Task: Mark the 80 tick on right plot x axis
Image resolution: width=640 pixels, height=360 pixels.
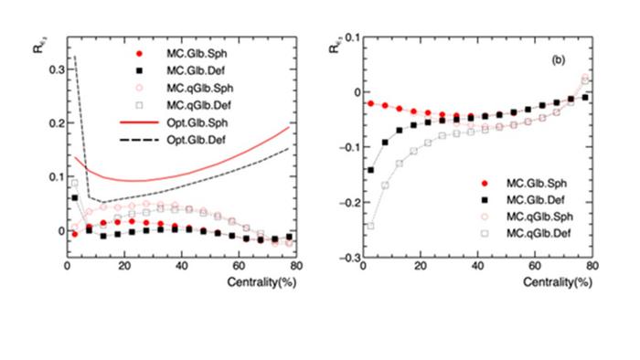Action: coord(592,267)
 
